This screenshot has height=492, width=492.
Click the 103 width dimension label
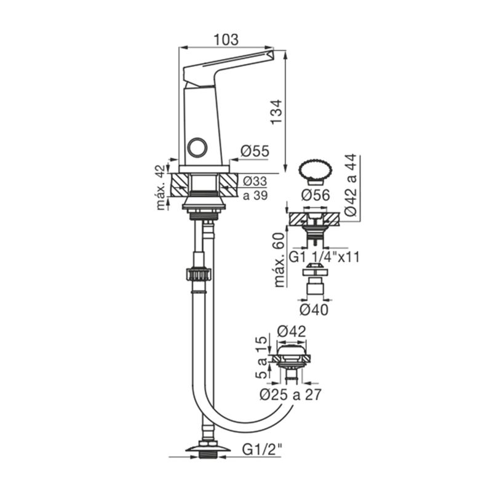coord(226,40)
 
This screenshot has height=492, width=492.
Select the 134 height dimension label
coord(276,112)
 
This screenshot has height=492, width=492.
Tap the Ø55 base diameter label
coord(255,151)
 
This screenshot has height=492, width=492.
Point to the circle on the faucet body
coord(197,148)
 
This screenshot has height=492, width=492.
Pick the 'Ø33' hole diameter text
coord(255,181)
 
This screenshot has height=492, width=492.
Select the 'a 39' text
coord(255,195)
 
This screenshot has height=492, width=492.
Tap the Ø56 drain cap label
coord(315,195)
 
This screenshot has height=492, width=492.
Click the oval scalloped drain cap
coord(315,171)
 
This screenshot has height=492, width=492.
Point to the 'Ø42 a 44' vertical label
coord(351,185)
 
